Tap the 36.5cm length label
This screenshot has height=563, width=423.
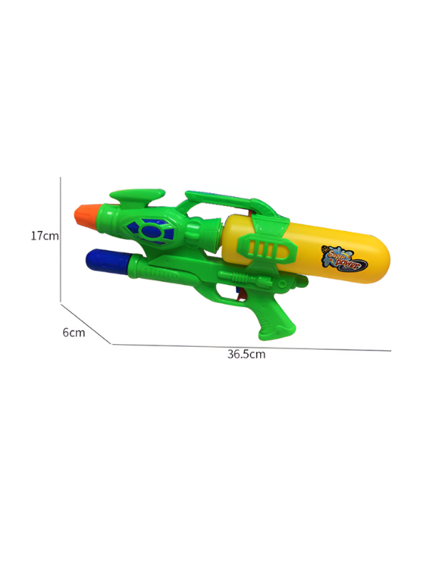click(246, 354)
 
